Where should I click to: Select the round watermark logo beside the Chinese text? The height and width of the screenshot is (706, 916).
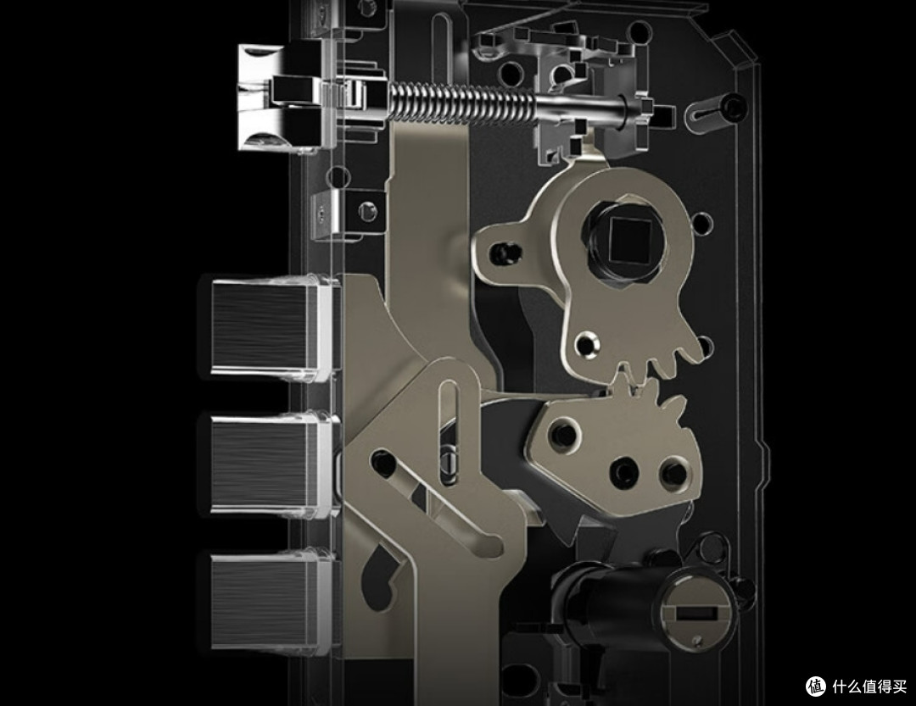pos(816,687)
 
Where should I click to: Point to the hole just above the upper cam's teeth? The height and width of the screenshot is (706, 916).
pos(587,343)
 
